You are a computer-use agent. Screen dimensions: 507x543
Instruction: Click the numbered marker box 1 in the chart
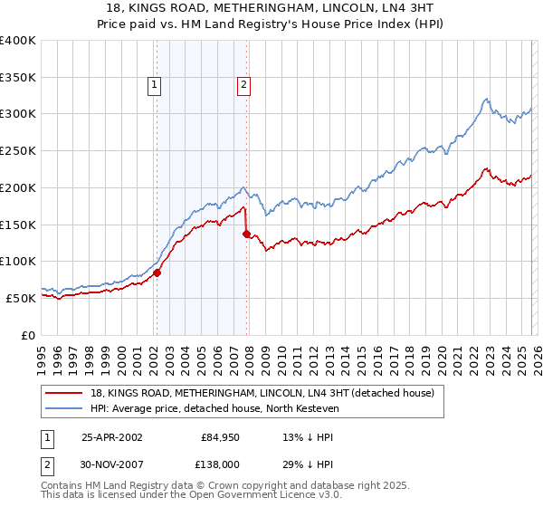[155, 86]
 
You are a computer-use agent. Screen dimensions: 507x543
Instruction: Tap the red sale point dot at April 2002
[157, 272]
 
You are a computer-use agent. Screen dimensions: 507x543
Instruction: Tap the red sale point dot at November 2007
[246, 233]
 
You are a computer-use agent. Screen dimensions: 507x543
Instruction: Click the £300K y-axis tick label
[18, 114]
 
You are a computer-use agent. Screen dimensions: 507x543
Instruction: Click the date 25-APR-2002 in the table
[111, 437]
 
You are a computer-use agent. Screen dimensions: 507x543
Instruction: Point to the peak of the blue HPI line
[487, 99]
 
